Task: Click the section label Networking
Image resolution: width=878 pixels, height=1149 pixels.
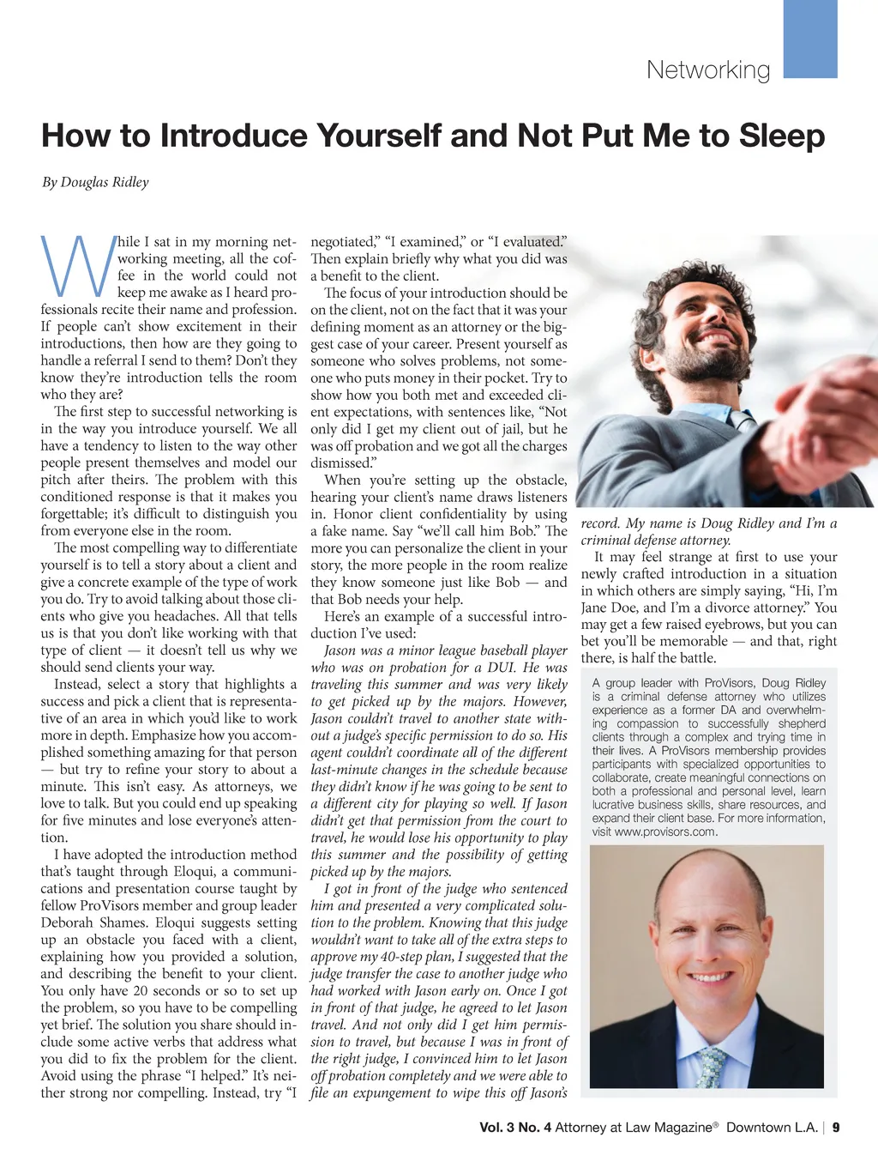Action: (708, 70)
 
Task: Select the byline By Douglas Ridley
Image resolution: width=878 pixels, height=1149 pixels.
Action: (95, 182)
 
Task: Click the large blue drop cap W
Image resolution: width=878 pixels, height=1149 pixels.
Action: (77, 264)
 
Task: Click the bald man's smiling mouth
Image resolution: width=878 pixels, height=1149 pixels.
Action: (710, 977)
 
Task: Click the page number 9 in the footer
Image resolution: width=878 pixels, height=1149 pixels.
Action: (836, 1128)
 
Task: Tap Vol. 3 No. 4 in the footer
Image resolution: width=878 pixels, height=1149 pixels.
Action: (515, 1128)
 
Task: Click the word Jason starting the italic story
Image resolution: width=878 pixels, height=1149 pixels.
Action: (340, 650)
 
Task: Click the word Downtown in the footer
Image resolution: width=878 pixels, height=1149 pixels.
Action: (772, 1128)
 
